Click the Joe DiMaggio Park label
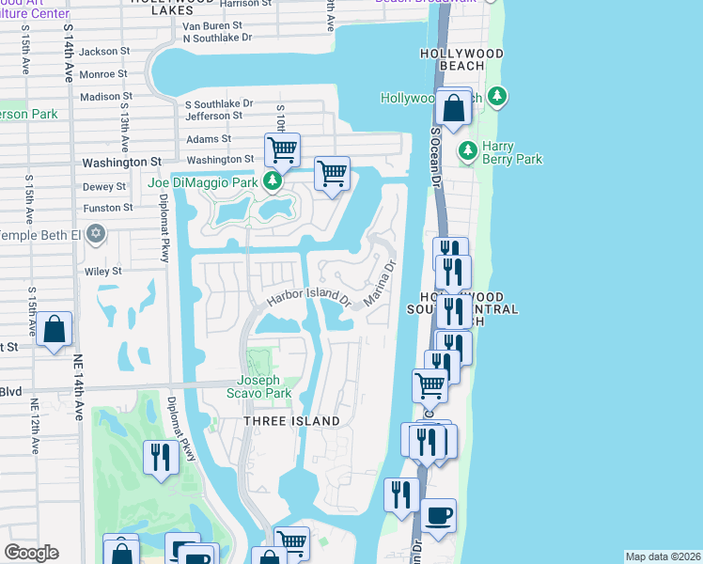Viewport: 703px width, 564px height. tap(203, 180)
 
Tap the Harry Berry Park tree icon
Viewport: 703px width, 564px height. tap(467, 150)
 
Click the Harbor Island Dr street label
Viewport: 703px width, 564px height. tap(308, 299)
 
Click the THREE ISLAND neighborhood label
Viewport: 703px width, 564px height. tap(291, 421)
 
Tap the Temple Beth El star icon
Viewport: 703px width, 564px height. tap(95, 233)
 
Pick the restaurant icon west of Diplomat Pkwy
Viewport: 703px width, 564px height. tap(161, 458)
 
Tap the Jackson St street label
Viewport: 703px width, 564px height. tap(104, 51)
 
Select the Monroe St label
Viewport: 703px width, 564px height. tap(103, 73)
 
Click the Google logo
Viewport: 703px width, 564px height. tap(31, 553)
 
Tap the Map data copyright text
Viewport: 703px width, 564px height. tap(662, 556)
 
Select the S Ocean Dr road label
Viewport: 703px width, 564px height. tap(435, 156)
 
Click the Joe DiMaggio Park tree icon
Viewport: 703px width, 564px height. tap(272, 181)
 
